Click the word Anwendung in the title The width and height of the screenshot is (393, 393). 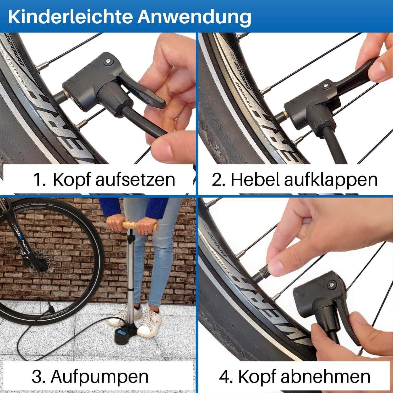tap(194, 17)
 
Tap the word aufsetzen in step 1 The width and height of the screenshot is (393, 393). tap(135, 180)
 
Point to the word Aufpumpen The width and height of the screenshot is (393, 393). tap(100, 376)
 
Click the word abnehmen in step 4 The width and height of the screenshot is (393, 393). tap(325, 376)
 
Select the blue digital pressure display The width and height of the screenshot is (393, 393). tap(122, 333)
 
